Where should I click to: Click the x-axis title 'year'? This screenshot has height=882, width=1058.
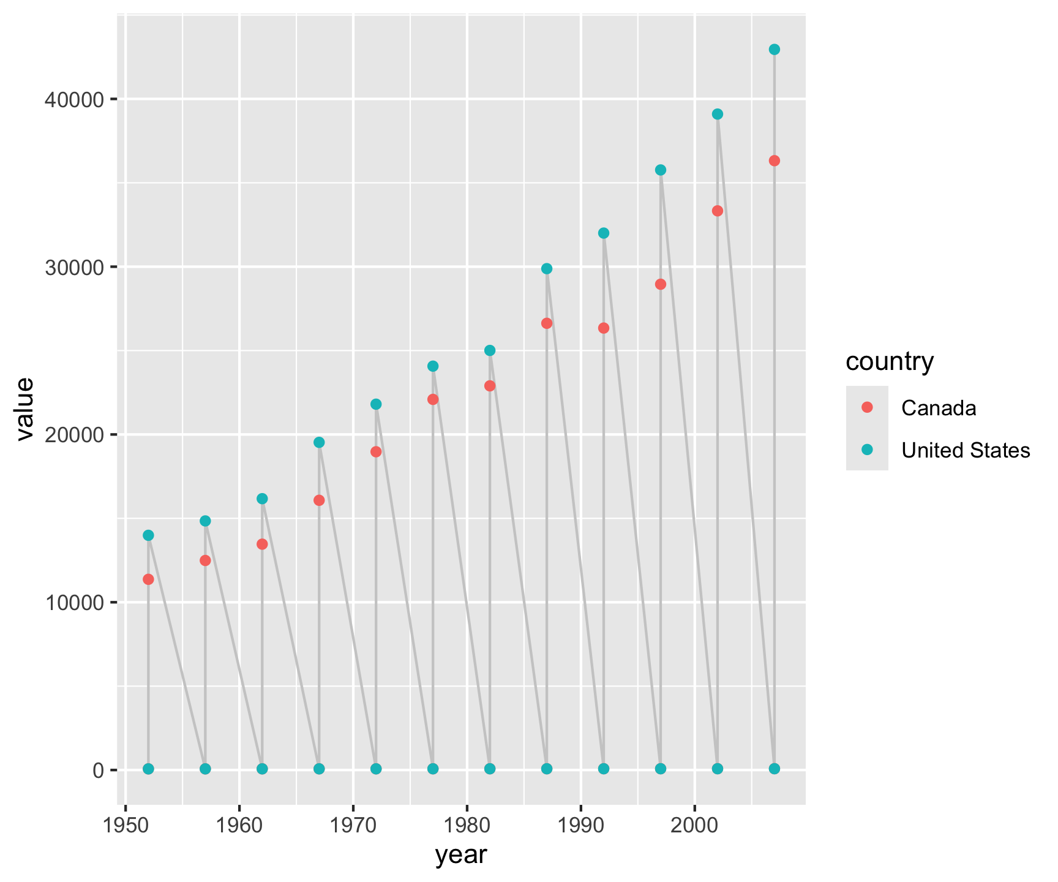coord(461,855)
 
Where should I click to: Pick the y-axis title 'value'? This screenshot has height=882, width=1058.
coord(24,409)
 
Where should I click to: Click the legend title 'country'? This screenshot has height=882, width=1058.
coord(890,361)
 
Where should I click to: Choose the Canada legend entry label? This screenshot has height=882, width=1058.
coord(939,408)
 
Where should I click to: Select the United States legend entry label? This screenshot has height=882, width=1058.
coord(966,451)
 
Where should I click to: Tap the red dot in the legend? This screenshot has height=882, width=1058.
coord(866,407)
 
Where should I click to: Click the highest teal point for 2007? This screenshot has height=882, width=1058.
coord(775,50)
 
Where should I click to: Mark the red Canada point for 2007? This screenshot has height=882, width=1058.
coord(775,161)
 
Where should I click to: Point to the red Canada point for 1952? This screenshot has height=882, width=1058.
coord(148,579)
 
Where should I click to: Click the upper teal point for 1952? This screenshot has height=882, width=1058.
coord(148,535)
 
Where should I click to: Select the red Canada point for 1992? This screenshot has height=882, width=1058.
coord(604,328)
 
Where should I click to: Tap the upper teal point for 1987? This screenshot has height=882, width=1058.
coord(547,269)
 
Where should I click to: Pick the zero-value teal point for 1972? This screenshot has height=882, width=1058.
coord(376,769)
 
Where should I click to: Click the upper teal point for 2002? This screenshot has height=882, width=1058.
coord(718,115)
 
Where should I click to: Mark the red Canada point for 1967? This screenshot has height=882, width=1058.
coord(319,500)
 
